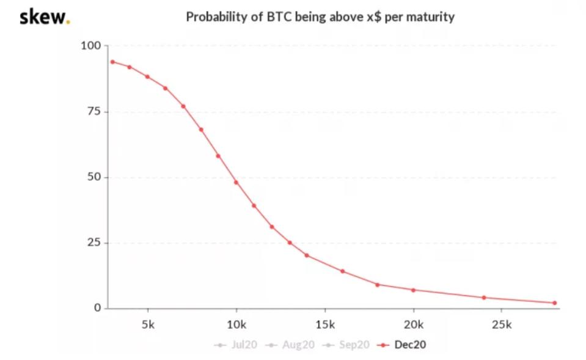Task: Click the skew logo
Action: click(45, 17)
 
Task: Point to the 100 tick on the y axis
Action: click(91, 46)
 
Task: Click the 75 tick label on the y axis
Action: click(94, 111)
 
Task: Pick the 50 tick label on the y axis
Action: click(94, 177)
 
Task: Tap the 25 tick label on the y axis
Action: click(94, 243)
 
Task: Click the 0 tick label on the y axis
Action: click(98, 307)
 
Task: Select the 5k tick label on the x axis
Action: click(148, 325)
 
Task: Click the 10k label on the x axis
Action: click(236, 325)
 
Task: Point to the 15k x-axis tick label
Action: click(324, 325)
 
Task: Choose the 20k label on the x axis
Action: click(413, 325)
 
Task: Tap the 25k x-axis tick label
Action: click(502, 325)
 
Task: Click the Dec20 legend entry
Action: click(401, 345)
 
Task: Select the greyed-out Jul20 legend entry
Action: click(236, 345)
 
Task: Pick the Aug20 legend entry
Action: click(290, 345)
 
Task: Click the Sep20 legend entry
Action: click(346, 345)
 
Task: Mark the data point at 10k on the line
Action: click(236, 182)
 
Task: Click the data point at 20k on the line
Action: click(413, 290)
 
